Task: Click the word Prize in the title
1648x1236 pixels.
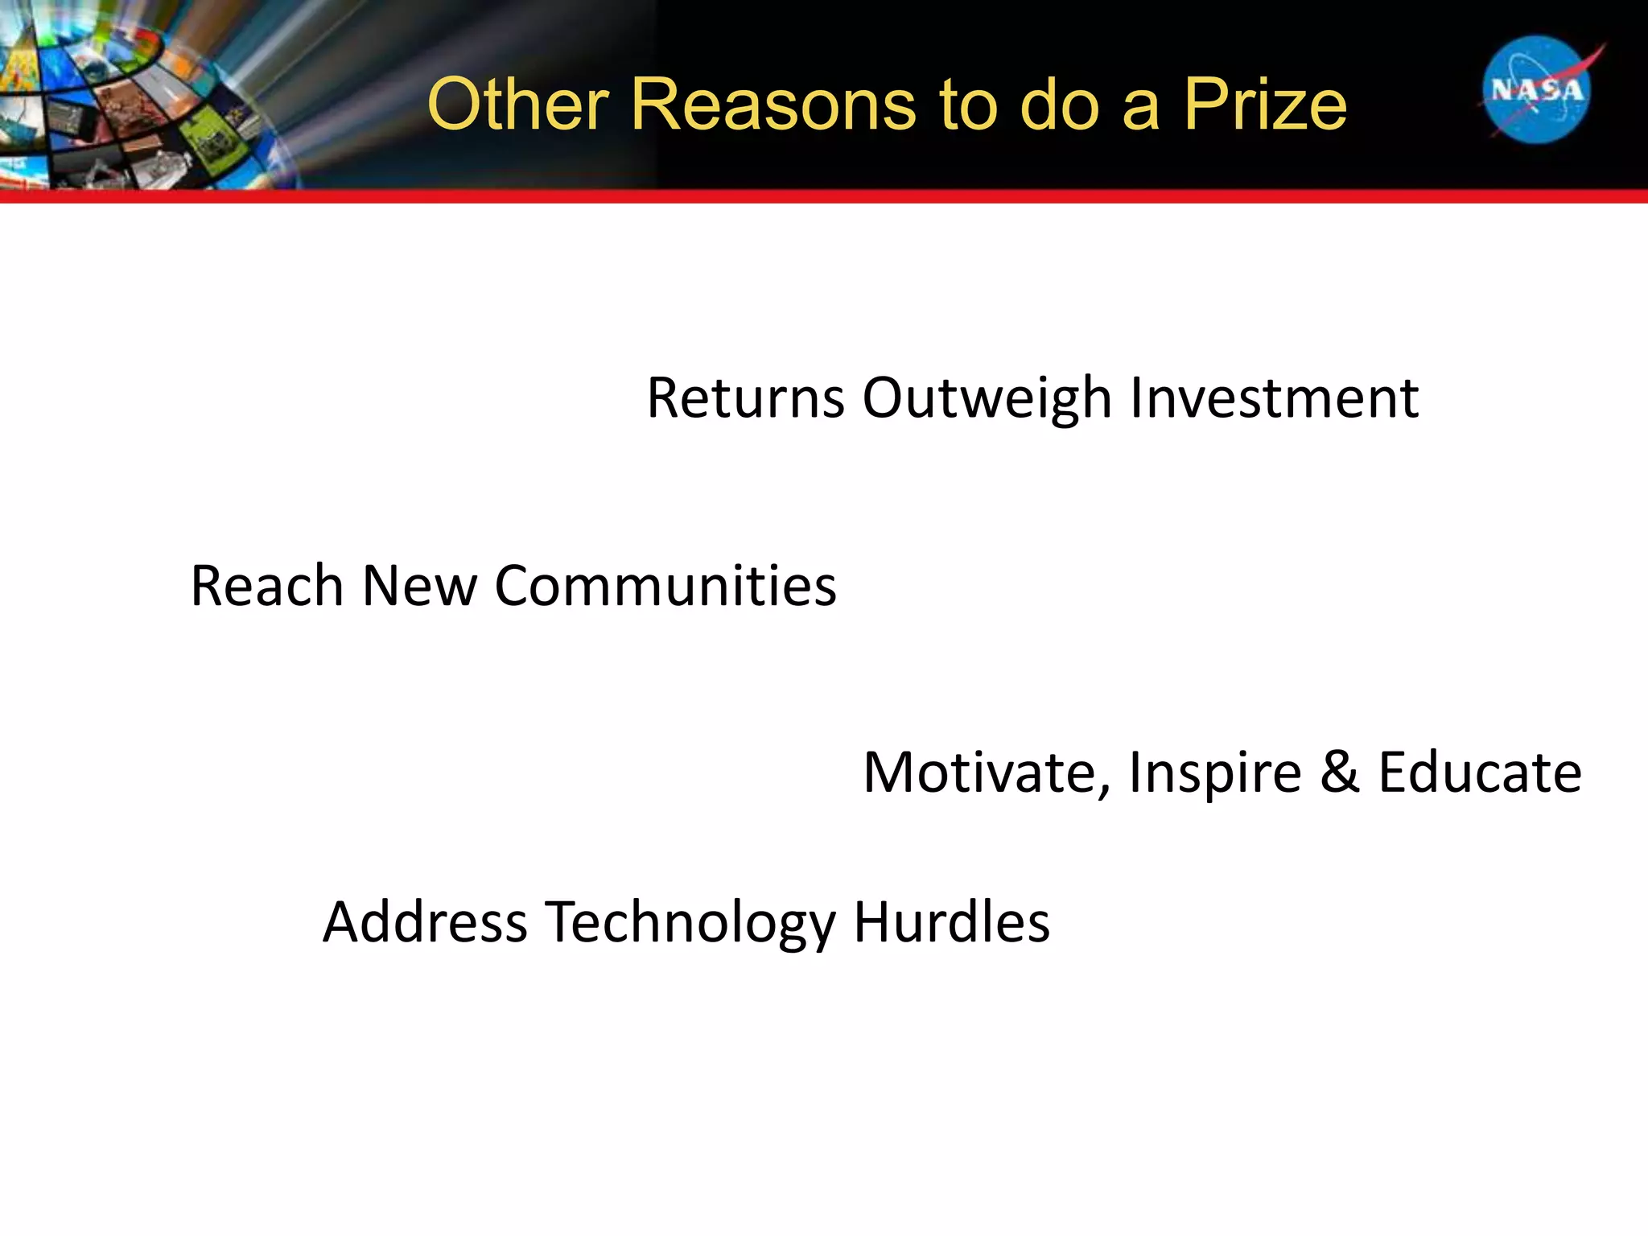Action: [1265, 105]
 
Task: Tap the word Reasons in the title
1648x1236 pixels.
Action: [772, 105]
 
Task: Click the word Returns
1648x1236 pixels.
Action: [745, 398]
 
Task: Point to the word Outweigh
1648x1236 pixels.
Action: [987, 399]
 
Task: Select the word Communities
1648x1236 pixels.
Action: [665, 585]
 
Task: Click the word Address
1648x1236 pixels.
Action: [424, 921]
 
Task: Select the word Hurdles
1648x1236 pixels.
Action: [951, 921]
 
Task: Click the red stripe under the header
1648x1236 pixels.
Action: [824, 196]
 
